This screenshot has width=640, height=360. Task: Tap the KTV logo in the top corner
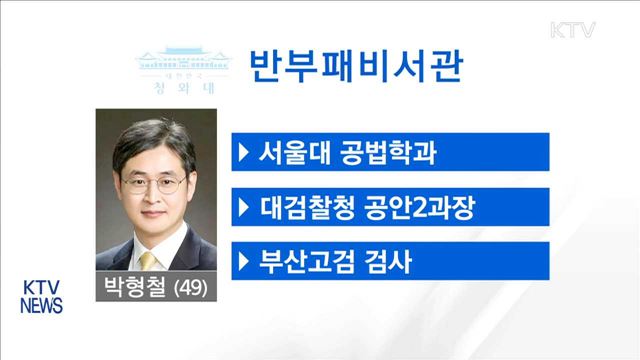(574, 29)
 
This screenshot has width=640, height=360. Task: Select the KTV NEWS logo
(42, 294)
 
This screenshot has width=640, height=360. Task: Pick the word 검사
(383, 263)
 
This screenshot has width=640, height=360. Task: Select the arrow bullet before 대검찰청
(244, 209)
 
